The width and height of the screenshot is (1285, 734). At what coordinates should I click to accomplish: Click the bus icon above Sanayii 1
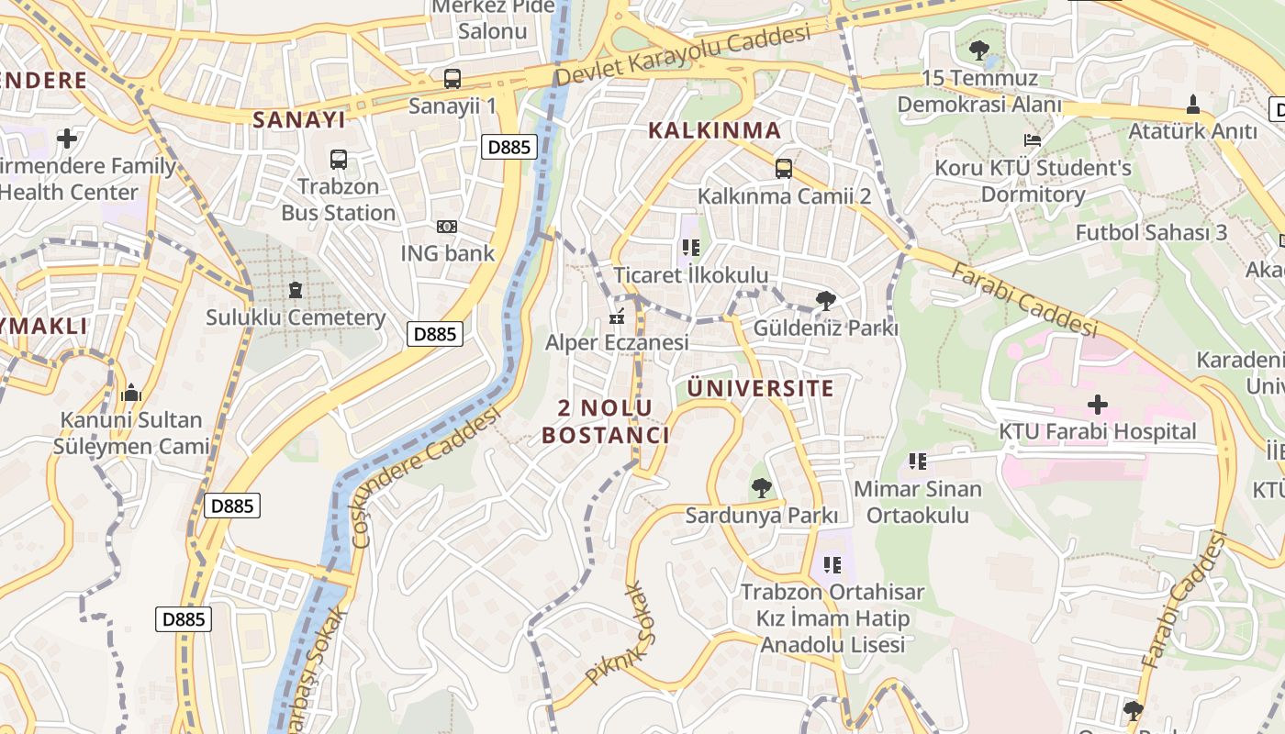click(452, 79)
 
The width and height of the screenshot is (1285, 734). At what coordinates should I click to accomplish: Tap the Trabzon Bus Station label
click(338, 200)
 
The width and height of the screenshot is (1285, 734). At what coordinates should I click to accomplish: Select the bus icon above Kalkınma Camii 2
click(783, 169)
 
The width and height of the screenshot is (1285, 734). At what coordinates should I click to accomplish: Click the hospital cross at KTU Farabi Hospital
click(1097, 404)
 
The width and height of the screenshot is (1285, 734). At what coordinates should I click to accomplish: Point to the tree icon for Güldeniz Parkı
click(825, 300)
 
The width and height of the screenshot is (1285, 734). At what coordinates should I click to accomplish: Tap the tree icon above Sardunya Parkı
click(761, 487)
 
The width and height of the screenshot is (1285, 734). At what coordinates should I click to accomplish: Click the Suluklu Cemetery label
click(295, 318)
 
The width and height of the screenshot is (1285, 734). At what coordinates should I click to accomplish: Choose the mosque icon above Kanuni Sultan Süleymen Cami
click(130, 393)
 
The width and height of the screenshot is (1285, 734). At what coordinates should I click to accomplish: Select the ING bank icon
click(447, 226)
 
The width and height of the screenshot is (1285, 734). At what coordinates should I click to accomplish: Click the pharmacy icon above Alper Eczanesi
click(617, 317)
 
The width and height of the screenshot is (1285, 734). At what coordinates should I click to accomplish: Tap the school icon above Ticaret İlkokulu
click(691, 248)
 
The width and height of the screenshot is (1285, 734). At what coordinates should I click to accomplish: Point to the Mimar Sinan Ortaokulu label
click(917, 502)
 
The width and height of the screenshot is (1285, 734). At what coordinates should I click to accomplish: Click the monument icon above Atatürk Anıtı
click(1192, 105)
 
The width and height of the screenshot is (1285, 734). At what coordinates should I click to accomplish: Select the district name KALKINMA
click(714, 130)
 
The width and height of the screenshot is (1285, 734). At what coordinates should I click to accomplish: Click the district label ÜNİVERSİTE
click(761, 388)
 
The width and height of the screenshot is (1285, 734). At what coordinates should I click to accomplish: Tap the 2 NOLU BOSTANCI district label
click(606, 421)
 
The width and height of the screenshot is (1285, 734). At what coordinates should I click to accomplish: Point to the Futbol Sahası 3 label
click(1151, 232)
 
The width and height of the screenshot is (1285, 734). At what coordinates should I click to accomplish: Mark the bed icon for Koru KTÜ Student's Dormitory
click(1033, 140)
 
